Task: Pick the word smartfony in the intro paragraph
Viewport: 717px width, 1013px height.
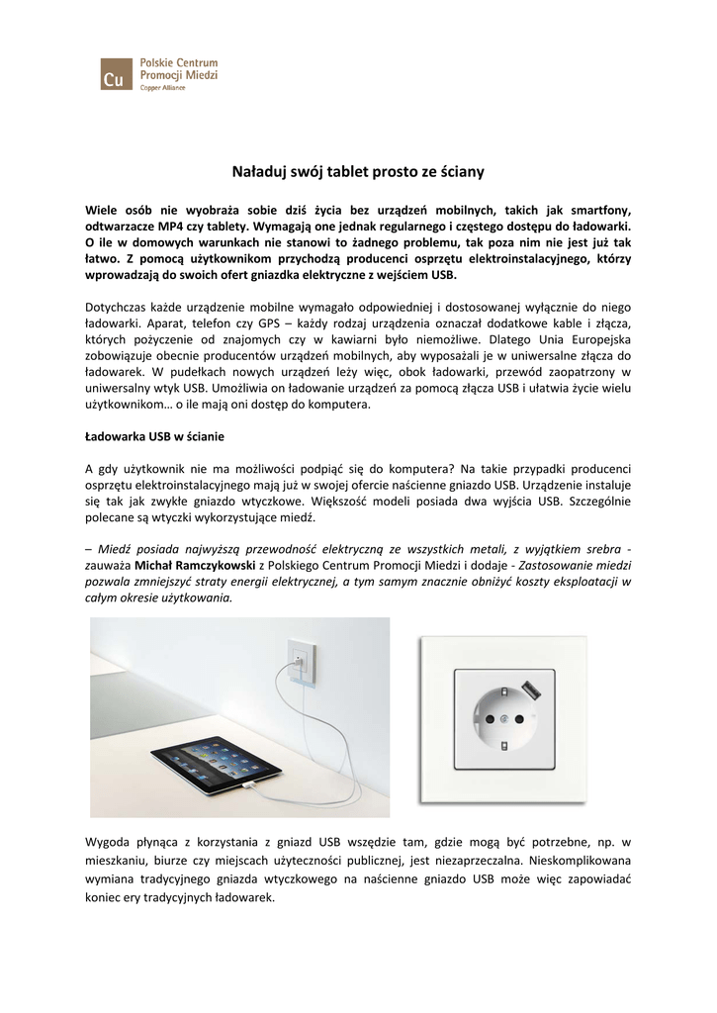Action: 595,210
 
